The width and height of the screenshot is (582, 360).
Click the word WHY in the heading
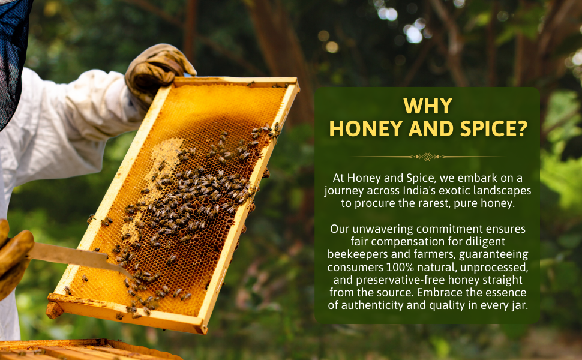click(427, 106)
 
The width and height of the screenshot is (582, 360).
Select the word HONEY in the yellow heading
click(362, 129)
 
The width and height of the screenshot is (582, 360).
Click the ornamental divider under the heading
click(427, 157)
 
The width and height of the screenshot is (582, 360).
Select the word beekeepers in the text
click(359, 254)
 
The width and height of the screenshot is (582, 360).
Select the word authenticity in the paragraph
click(374, 305)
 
